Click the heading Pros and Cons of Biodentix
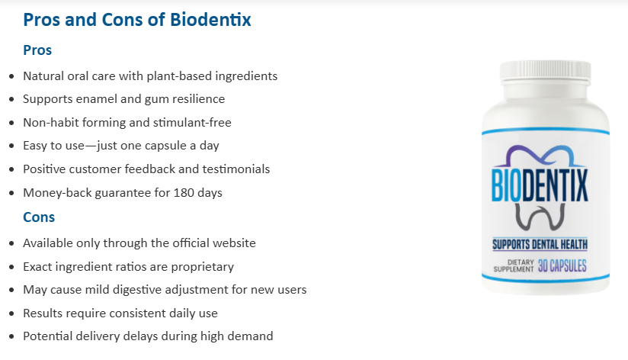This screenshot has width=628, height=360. tap(137, 20)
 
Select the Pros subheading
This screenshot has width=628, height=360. tap(37, 50)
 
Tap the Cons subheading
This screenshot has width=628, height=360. tap(39, 217)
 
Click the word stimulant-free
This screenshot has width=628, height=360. tap(195, 123)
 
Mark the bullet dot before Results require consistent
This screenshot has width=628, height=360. tap(10, 314)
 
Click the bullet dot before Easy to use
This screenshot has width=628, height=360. tap(10, 146)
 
